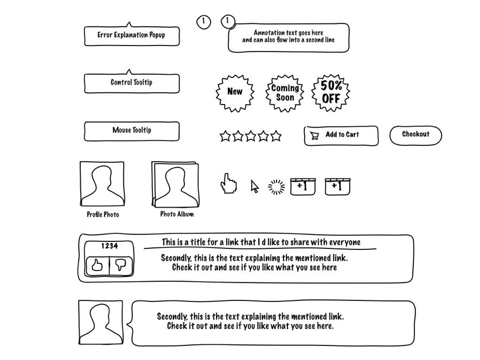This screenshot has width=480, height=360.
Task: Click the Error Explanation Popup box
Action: [132, 35]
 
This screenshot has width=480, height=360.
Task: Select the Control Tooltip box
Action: [132, 83]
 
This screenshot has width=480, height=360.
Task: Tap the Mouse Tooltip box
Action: [132, 131]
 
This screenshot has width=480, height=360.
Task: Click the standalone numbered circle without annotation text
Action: [203, 22]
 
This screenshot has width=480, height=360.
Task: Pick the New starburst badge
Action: [235, 92]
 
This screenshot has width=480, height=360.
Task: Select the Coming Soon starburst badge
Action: [285, 93]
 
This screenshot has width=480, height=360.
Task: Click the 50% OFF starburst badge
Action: [331, 93]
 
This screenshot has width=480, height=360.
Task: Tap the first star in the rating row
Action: [225, 136]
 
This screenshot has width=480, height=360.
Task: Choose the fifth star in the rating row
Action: [276, 136]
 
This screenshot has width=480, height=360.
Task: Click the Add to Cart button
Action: [341, 135]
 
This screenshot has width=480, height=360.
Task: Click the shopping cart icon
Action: [314, 136]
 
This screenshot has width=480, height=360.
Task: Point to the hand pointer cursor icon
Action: [228, 184]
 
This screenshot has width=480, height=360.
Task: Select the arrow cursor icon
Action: [254, 186]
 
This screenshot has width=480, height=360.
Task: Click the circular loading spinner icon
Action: [277, 187]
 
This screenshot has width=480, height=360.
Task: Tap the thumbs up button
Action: [97, 265]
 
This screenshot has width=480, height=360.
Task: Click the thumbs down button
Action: [121, 265]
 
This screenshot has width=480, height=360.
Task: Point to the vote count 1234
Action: [109, 246]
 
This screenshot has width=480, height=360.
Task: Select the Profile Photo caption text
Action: [103, 215]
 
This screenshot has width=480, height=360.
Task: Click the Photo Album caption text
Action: [177, 214]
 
